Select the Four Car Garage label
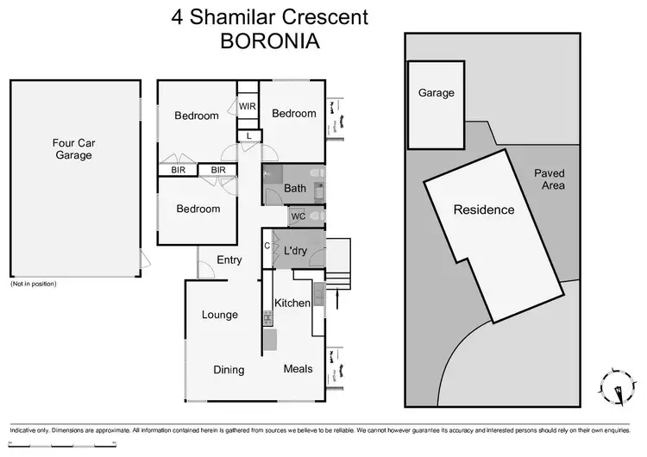[73, 150]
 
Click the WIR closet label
[248, 107]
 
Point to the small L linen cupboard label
[248, 136]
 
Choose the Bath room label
[295, 189]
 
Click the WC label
[298, 216]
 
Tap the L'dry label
[297, 251]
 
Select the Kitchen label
[292, 303]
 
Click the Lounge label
[220, 315]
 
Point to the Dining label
[229, 370]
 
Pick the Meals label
[298, 369]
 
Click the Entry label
[229, 260]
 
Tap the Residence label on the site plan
[484, 210]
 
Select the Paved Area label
[549, 179]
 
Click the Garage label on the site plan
[436, 93]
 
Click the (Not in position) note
[34, 284]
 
